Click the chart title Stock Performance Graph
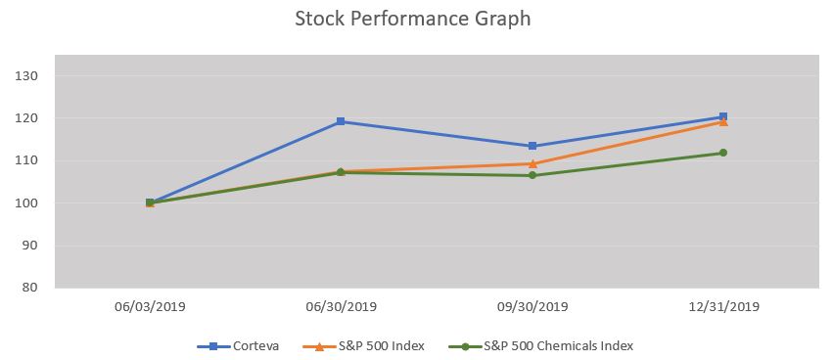pos(412,20)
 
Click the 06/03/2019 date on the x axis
pos(150,306)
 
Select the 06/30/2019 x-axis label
pos(341,306)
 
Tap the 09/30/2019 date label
pos(532,306)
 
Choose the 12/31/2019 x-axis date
pos(723,306)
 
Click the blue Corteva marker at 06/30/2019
pos(341,121)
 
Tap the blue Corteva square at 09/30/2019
pos(532,146)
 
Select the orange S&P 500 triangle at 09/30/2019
pos(532,163)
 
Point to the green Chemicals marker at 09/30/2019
pos(532,175)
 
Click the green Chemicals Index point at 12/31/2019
pos(723,153)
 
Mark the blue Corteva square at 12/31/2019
pos(723,116)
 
